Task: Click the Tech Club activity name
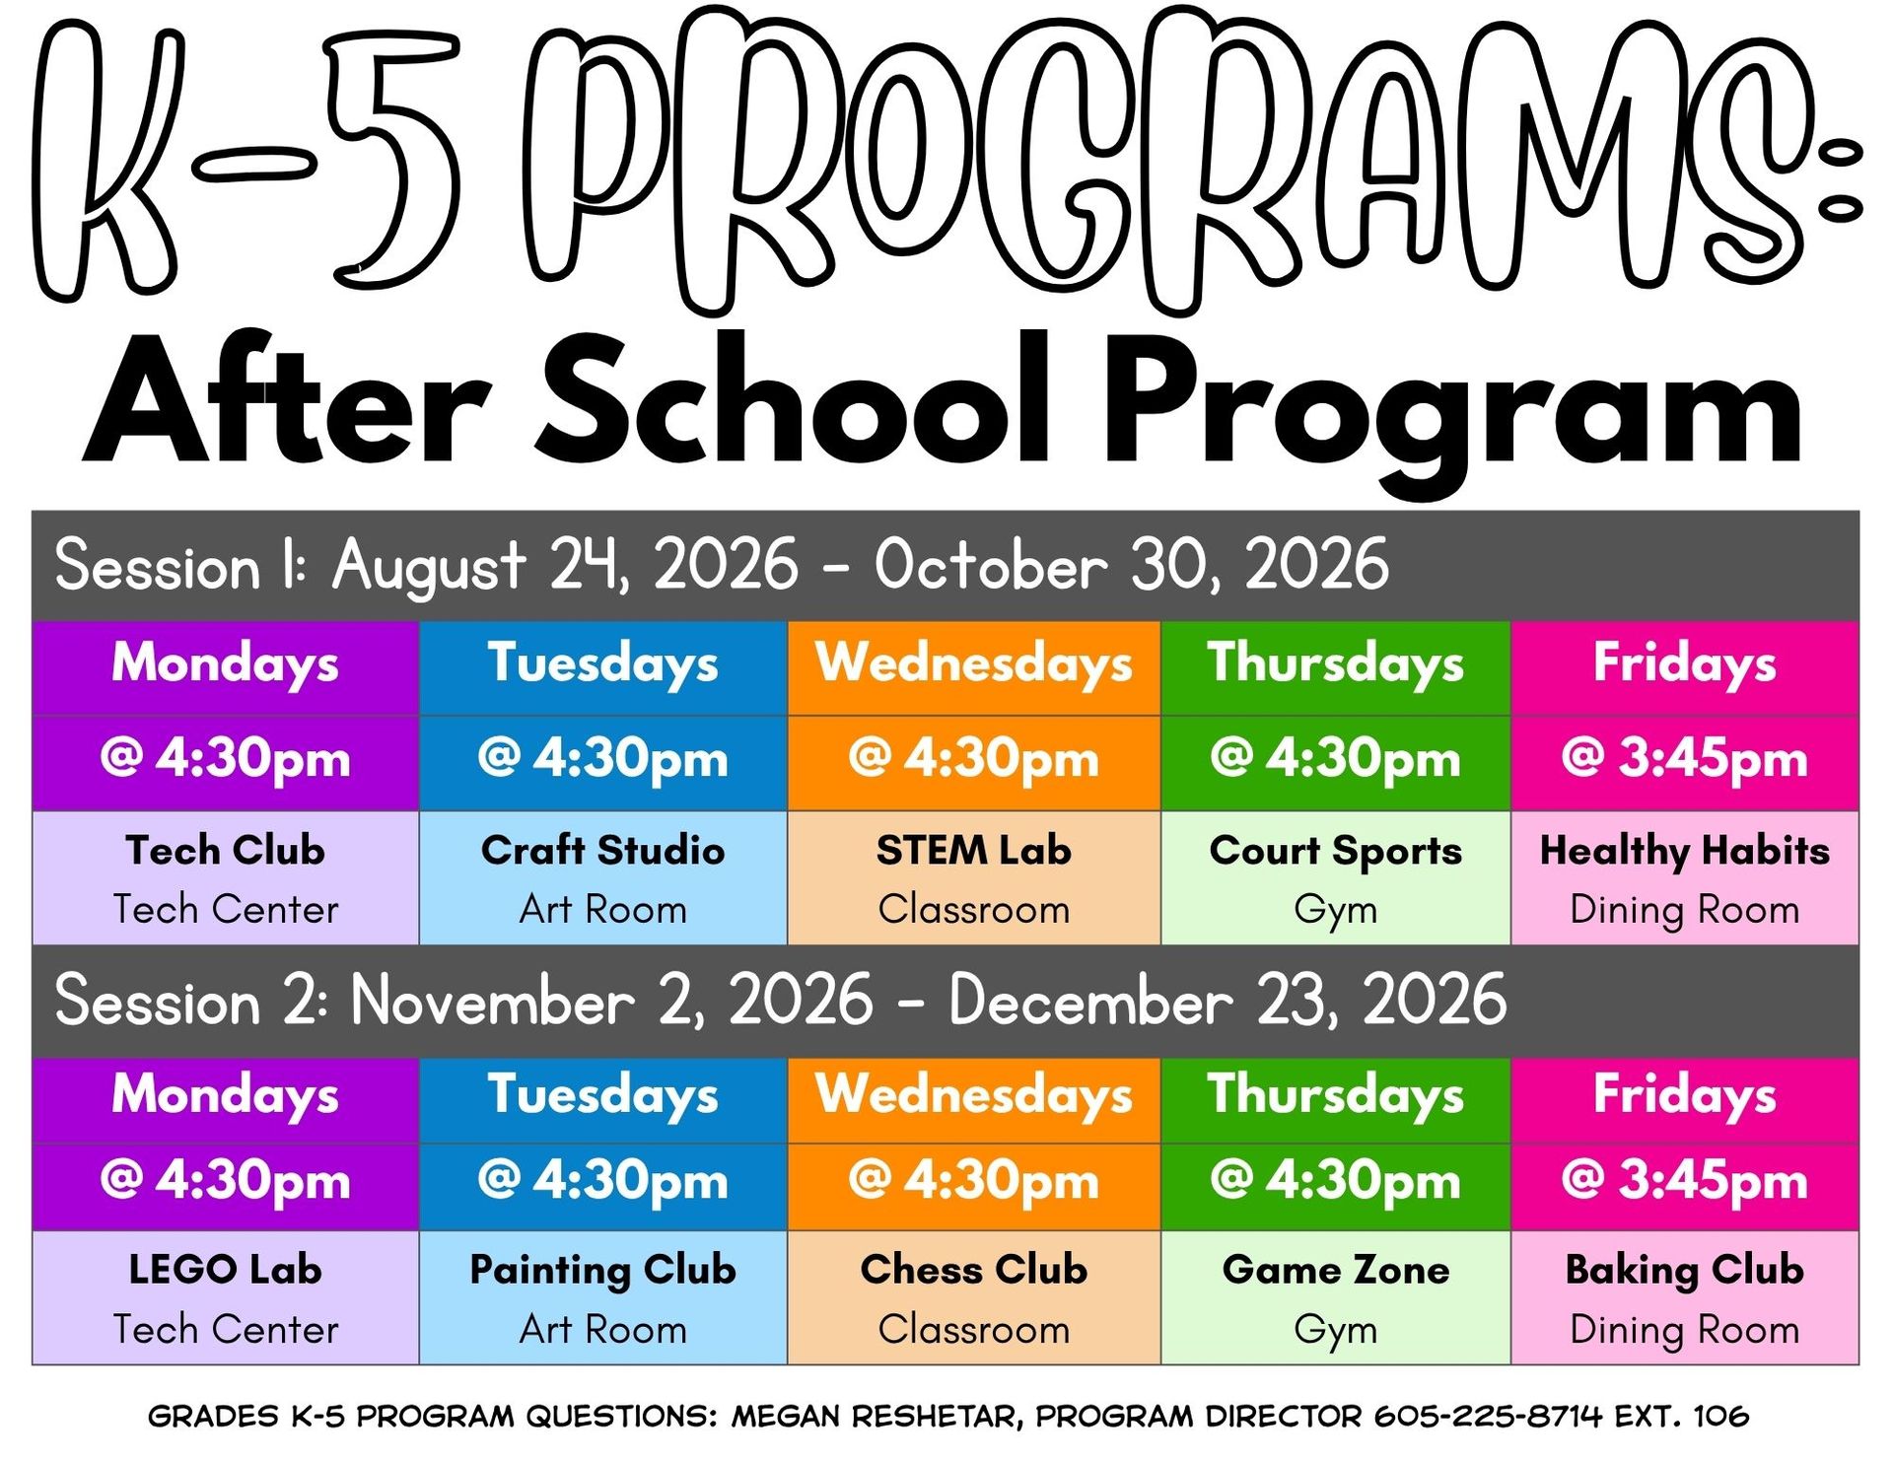pos(225,850)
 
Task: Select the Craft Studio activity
pos(602,850)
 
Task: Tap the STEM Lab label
pos(973,850)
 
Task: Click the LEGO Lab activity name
pos(225,1270)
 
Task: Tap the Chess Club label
pos(973,1270)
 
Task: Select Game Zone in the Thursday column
pos(1335,1270)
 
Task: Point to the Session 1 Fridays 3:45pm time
pos(1684,759)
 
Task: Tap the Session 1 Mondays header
pos(225,662)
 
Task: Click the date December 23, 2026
pos(1228,1001)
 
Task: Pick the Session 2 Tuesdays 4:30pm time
pos(602,1181)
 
